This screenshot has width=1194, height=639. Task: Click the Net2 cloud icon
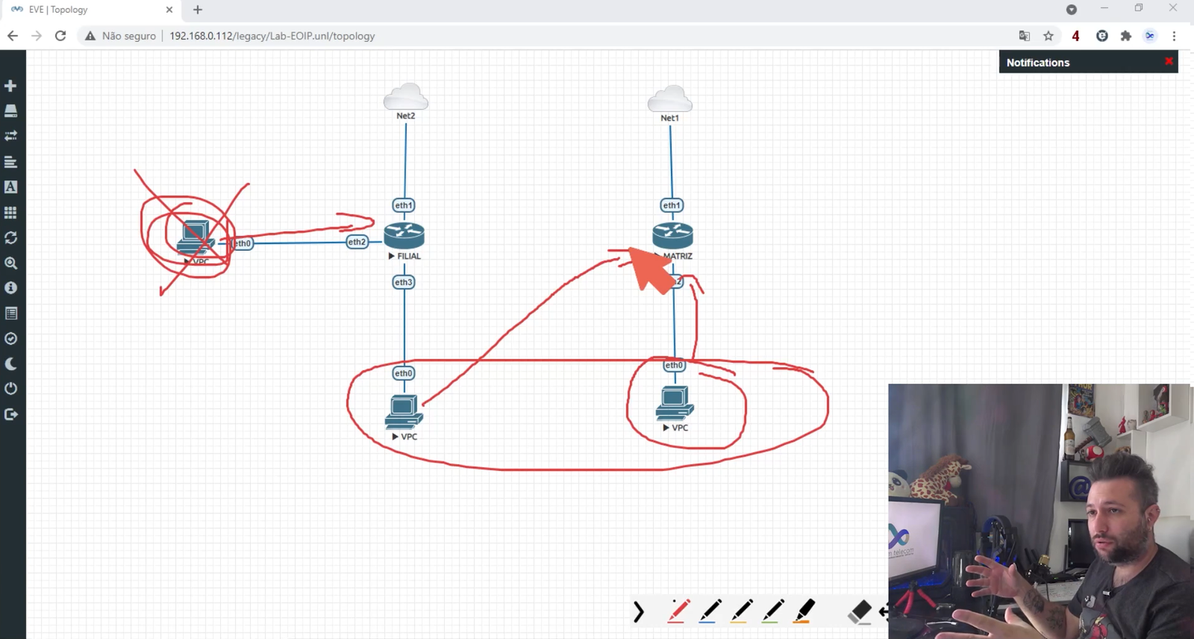pyautogui.click(x=406, y=96)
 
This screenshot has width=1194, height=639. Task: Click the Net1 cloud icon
pyautogui.click(x=670, y=99)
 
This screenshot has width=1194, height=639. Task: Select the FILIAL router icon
pyautogui.click(x=404, y=235)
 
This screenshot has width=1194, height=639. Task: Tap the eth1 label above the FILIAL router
pyautogui.click(x=404, y=205)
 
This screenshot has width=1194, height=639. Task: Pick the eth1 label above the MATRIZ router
pyautogui.click(x=672, y=205)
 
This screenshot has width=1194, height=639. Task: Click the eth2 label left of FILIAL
pyautogui.click(x=357, y=242)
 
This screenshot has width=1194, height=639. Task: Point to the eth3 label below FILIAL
pyautogui.click(x=404, y=282)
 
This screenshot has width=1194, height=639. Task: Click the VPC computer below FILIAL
pyautogui.click(x=404, y=411)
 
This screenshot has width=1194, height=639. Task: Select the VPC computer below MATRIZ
pyautogui.click(x=675, y=403)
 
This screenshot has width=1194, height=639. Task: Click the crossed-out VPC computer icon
pyautogui.click(x=195, y=238)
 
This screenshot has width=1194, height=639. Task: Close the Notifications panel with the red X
pyautogui.click(x=1169, y=62)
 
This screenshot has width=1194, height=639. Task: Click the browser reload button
pyautogui.click(x=60, y=36)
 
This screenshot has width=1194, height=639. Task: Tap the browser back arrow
pyautogui.click(x=13, y=36)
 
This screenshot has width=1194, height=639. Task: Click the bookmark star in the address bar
pyautogui.click(x=1048, y=36)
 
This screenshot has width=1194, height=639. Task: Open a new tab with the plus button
pyautogui.click(x=198, y=10)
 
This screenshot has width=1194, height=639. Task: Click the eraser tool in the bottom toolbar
pyautogui.click(x=860, y=611)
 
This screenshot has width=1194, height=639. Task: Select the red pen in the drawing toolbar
pyautogui.click(x=678, y=611)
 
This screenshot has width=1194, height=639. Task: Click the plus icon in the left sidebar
pyautogui.click(x=10, y=86)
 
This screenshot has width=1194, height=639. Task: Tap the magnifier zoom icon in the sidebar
pyautogui.click(x=10, y=263)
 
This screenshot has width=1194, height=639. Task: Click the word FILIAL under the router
pyautogui.click(x=409, y=256)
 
